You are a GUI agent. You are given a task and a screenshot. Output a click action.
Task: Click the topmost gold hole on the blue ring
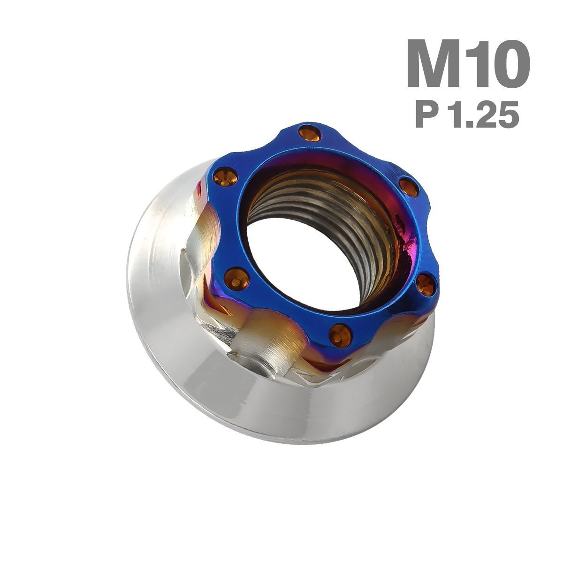[310, 133]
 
